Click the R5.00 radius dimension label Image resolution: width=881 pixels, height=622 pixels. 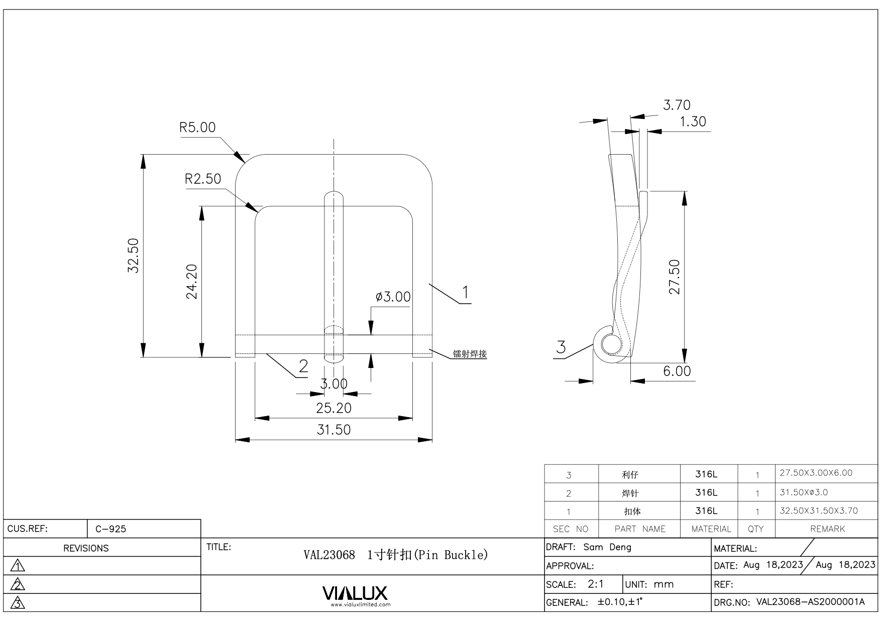coord(197,128)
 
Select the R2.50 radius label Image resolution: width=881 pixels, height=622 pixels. coord(203,179)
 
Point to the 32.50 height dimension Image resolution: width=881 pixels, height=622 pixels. coord(133,256)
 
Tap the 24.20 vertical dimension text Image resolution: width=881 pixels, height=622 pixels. coord(192,281)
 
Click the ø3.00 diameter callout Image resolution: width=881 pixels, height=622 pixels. coord(393,297)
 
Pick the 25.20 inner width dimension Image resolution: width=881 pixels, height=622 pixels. coord(334,408)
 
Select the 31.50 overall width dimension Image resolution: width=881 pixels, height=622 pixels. coord(334,430)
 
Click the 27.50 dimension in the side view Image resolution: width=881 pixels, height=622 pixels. coord(675,277)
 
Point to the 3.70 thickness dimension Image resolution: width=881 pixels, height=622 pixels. coord(677,105)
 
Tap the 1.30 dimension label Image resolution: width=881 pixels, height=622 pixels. coord(693,122)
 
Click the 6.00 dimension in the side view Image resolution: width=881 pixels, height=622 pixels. coord(677,371)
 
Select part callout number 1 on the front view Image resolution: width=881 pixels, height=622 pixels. coord(466,292)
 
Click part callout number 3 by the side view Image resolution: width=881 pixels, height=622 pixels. coord(561,347)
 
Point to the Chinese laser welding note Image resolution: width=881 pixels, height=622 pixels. coord(470,354)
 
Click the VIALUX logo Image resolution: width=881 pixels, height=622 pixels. coord(355,594)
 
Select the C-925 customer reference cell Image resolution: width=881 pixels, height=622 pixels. coord(111,529)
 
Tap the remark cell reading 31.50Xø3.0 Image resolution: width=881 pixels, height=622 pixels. coord(804,492)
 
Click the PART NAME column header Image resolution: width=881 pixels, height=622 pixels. coord(639,529)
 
